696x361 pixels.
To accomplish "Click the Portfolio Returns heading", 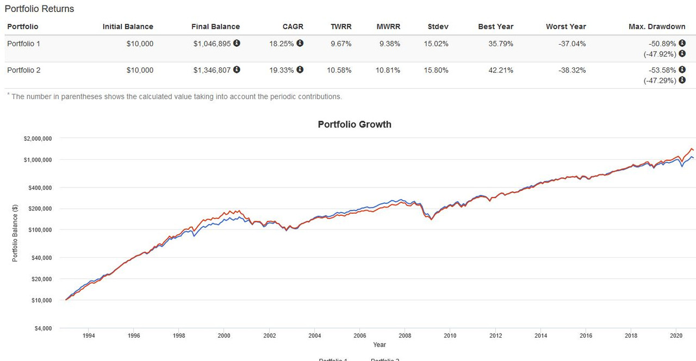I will coord(39,9).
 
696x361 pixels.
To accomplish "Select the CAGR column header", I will coord(293,27).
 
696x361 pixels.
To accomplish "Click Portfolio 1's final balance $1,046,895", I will coord(213,43).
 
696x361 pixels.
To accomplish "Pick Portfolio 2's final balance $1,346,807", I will coord(213,70).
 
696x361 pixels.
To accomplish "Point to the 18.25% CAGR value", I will coord(282,43).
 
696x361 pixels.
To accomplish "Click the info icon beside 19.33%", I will coord(300,70).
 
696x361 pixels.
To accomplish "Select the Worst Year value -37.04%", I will coord(572,43).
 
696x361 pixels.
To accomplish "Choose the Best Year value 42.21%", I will coord(500,70).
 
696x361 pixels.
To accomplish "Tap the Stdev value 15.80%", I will coord(436,70).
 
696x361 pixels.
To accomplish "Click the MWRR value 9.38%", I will coord(389,43).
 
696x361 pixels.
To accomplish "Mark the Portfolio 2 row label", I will coord(23,70).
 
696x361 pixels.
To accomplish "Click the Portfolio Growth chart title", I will coord(354,125).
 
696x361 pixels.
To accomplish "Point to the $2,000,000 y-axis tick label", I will coord(38,139).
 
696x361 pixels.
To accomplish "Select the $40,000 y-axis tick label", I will coord(41,257).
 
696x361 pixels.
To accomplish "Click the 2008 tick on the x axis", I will coord(404,335).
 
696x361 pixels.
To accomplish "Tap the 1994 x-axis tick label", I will coord(89,335).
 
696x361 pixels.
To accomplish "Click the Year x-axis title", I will coord(380,345).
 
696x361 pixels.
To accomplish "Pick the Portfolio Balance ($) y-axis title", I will coord(15,232).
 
